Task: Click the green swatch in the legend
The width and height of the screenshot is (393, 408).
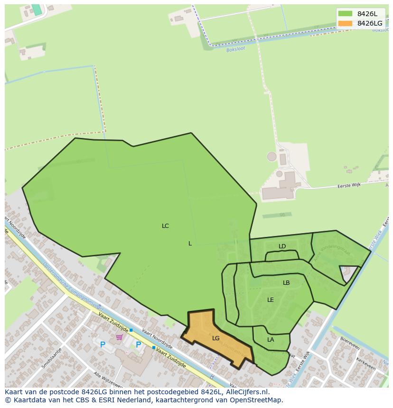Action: pos(345,14)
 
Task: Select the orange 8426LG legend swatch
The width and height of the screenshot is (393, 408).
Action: pos(345,23)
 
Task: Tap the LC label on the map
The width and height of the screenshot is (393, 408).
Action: pos(165,226)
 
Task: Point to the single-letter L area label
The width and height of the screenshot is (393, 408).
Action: pos(190,244)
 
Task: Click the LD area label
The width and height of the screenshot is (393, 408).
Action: pos(282,246)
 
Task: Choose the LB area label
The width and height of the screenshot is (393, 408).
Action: pos(286,283)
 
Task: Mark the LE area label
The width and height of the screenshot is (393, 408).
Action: pos(271,300)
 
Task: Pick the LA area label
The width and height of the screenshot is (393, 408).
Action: pos(271,340)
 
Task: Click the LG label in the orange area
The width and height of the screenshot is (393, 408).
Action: pos(216,338)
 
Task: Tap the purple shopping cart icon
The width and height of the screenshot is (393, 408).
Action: pos(119,337)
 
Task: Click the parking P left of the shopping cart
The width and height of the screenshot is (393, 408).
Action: pos(103,345)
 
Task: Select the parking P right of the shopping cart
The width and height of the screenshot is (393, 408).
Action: pos(138,345)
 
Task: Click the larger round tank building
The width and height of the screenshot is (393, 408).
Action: pos(271,156)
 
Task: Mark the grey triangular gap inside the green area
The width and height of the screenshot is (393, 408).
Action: pos(347,272)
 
